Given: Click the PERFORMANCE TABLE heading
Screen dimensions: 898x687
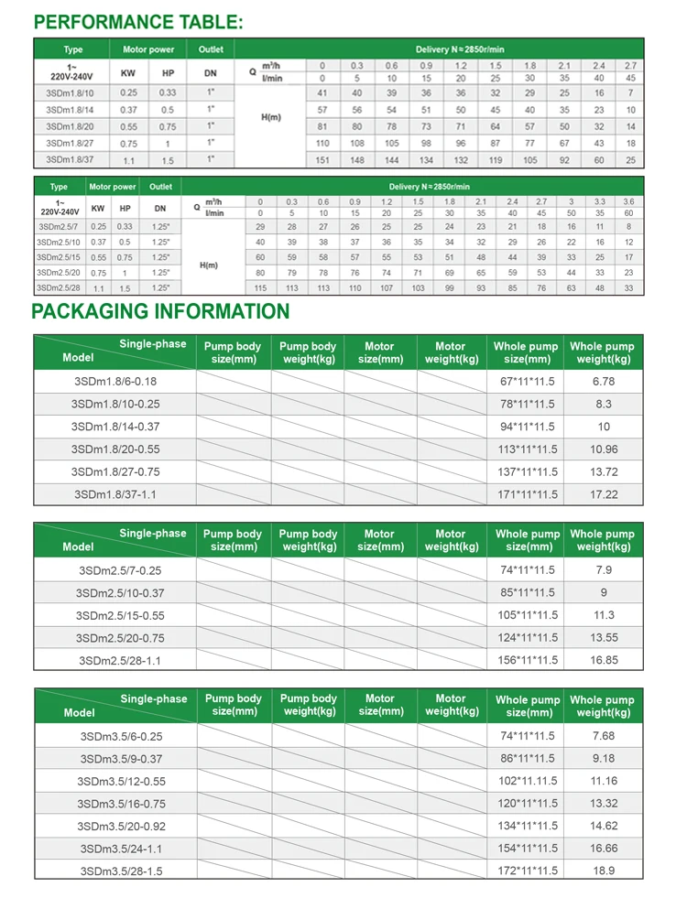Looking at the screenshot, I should coord(138,23).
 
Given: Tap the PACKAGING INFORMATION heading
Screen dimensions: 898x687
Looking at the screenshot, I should coord(160,311).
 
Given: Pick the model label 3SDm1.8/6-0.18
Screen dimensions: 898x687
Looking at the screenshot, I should coord(114,381).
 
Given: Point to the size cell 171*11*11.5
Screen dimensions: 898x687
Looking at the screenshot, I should coord(526,494).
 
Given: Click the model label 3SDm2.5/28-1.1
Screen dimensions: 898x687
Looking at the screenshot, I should coord(114,660).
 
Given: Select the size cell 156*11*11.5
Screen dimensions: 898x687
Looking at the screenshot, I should coord(526,660).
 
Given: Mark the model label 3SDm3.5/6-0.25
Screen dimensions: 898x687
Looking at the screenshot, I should coord(114,736).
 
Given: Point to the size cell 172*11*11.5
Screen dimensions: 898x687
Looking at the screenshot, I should coord(526,871).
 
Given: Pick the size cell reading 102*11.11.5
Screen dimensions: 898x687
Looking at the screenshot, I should coord(526,781).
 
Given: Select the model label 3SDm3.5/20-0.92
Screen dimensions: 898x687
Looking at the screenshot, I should coord(114,826).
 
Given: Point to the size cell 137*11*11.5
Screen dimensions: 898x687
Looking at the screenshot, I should coord(526,471).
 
